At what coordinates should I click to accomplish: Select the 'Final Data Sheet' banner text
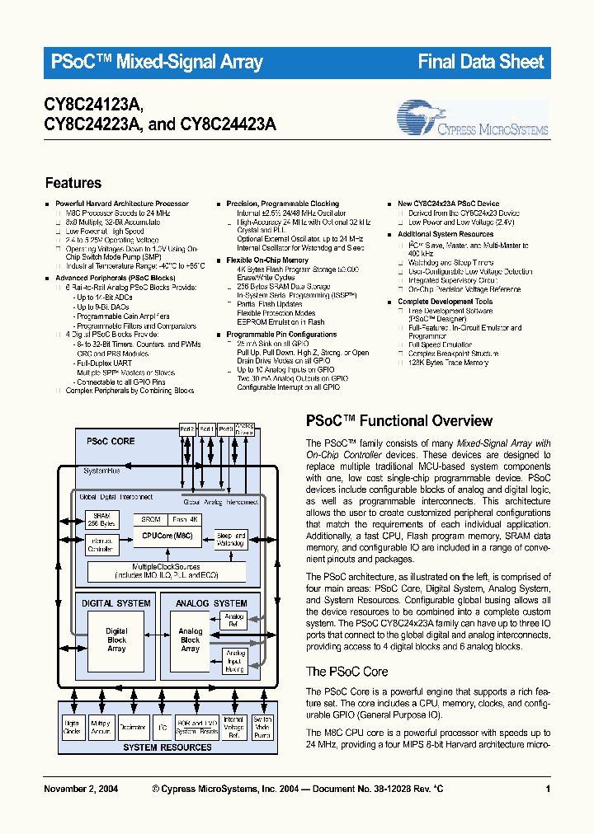click(481, 62)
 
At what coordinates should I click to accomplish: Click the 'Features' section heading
click(73, 183)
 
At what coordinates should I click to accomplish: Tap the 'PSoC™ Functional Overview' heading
click(399, 421)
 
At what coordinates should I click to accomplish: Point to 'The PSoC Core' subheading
click(346, 672)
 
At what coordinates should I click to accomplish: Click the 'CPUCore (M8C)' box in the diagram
click(168, 536)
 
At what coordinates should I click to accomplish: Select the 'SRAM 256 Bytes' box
click(101, 520)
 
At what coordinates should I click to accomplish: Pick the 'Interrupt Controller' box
click(101, 545)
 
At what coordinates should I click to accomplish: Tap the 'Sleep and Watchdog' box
click(230, 539)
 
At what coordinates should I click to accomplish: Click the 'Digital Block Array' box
click(116, 640)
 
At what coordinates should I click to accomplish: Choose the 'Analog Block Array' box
click(191, 640)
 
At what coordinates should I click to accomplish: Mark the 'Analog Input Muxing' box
click(235, 660)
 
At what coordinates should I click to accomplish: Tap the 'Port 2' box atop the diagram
click(187, 429)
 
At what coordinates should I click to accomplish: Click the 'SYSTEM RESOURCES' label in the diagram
click(167, 747)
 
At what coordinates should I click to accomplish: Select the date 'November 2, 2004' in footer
click(80, 789)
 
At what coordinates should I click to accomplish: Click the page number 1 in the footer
click(548, 789)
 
